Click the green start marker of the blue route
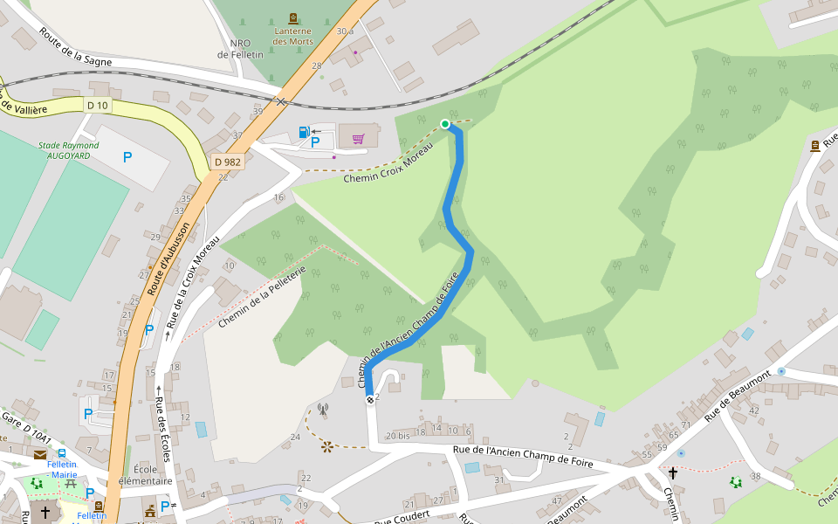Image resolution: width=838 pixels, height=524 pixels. tap(445, 124)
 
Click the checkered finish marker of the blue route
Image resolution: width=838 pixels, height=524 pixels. tap(370, 400)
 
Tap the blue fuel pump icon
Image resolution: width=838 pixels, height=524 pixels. tap(304, 132)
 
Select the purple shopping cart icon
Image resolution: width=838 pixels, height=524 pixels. tap(358, 138)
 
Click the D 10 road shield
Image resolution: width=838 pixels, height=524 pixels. tap(97, 105)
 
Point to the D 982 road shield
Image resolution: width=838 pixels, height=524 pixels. tap(227, 162)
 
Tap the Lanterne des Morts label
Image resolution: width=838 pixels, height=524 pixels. tap(292, 36)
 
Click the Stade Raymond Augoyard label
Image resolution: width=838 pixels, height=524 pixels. tap(69, 150)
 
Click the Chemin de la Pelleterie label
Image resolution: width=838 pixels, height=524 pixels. tap(262, 297)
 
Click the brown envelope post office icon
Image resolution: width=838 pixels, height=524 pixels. tap(41, 454)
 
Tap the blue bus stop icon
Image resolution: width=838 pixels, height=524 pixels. tap(62, 452)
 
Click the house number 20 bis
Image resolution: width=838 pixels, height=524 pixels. tap(396, 435)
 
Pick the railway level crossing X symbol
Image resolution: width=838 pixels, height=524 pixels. tap(281, 102)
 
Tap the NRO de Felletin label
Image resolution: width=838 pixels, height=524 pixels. tap(235, 48)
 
